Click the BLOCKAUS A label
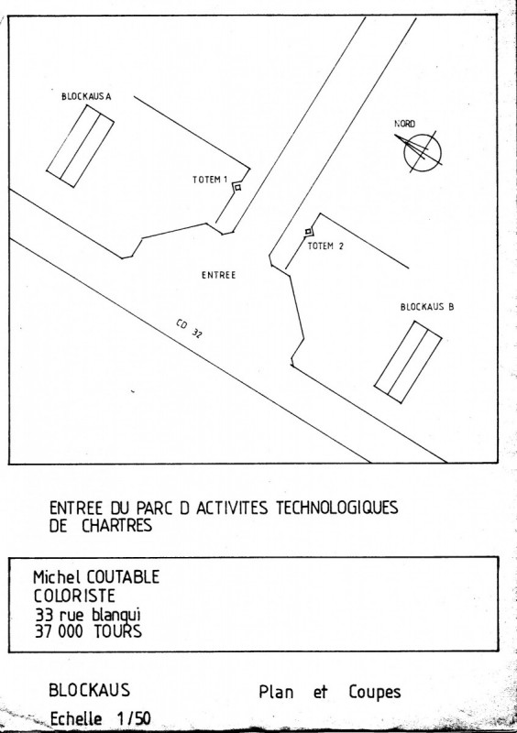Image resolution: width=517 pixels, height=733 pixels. (86, 97)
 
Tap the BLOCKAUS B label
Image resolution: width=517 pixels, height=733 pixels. (427, 307)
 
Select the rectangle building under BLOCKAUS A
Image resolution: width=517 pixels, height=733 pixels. (80, 147)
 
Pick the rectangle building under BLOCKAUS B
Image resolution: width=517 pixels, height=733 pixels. (408, 362)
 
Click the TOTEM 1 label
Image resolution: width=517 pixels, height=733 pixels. (210, 180)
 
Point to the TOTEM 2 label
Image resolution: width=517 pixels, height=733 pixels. (325, 246)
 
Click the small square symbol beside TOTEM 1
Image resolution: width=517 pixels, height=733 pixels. (237, 188)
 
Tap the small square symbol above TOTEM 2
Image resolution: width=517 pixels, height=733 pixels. (308, 231)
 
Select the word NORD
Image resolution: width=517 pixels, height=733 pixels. (404, 124)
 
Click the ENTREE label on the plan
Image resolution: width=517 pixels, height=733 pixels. (218, 276)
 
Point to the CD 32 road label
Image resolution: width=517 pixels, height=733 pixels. (190, 329)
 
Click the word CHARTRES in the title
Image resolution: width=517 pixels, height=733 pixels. (117, 525)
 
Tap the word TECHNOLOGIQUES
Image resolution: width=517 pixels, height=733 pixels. (336, 508)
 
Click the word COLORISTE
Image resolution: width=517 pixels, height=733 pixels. (74, 596)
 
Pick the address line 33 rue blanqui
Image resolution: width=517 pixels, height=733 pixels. (88, 615)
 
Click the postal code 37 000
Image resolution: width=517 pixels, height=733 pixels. (59, 631)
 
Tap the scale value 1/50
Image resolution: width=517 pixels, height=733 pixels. (133, 718)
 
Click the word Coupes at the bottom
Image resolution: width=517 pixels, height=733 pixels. (375, 693)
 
